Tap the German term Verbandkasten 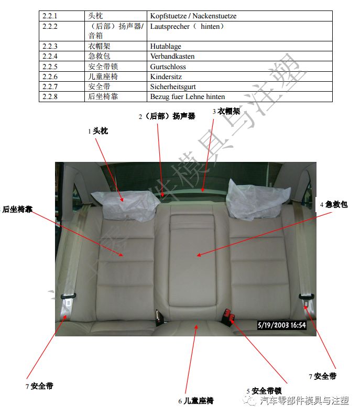click(172, 56)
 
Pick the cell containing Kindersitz click(166, 76)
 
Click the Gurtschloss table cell click(168, 67)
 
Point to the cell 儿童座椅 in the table click(100, 76)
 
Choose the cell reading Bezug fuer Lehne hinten click(187, 96)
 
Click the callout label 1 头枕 click(98, 131)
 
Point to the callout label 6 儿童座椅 click(195, 401)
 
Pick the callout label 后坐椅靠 click(17, 209)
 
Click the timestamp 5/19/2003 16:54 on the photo click(281, 325)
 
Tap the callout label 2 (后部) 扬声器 click(167, 116)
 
